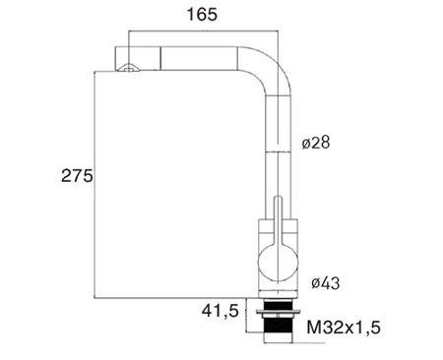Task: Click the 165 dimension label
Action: point(202,15)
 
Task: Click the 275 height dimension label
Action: point(77,176)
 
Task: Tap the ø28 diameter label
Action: point(316,143)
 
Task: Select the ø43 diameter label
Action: point(325,283)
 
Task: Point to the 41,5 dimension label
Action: point(221,311)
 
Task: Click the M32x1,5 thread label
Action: point(344,328)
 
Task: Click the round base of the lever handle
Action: point(279,264)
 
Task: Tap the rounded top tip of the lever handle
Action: point(279,198)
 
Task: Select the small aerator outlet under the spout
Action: point(129,67)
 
